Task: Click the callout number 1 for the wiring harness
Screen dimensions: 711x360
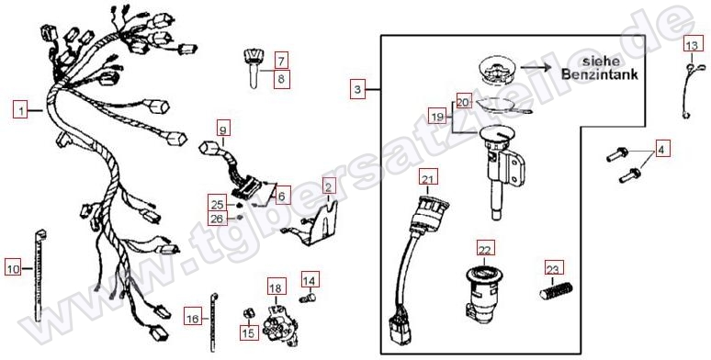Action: tap(20, 110)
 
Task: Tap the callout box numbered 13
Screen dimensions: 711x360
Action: tap(692, 45)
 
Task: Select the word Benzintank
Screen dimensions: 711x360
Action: tap(600, 73)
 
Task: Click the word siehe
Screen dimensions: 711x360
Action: tap(600, 61)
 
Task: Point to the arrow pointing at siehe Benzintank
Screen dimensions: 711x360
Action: tap(536, 68)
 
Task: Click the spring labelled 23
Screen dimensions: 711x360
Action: tap(557, 289)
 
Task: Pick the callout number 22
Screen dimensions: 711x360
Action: tap(485, 250)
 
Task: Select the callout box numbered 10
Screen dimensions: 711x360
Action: tap(13, 269)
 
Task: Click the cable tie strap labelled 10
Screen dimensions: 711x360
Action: tap(39, 276)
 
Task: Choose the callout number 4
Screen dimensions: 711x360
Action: tap(661, 149)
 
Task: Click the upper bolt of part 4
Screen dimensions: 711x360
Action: tap(617, 154)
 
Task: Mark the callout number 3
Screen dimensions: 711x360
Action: tap(357, 89)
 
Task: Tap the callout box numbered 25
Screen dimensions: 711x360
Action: tap(217, 205)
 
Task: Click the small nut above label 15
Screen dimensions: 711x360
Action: tap(248, 313)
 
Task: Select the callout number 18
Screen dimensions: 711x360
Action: tap(276, 288)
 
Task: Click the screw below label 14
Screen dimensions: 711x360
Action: tap(308, 298)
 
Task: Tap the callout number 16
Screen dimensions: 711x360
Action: tap(193, 319)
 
